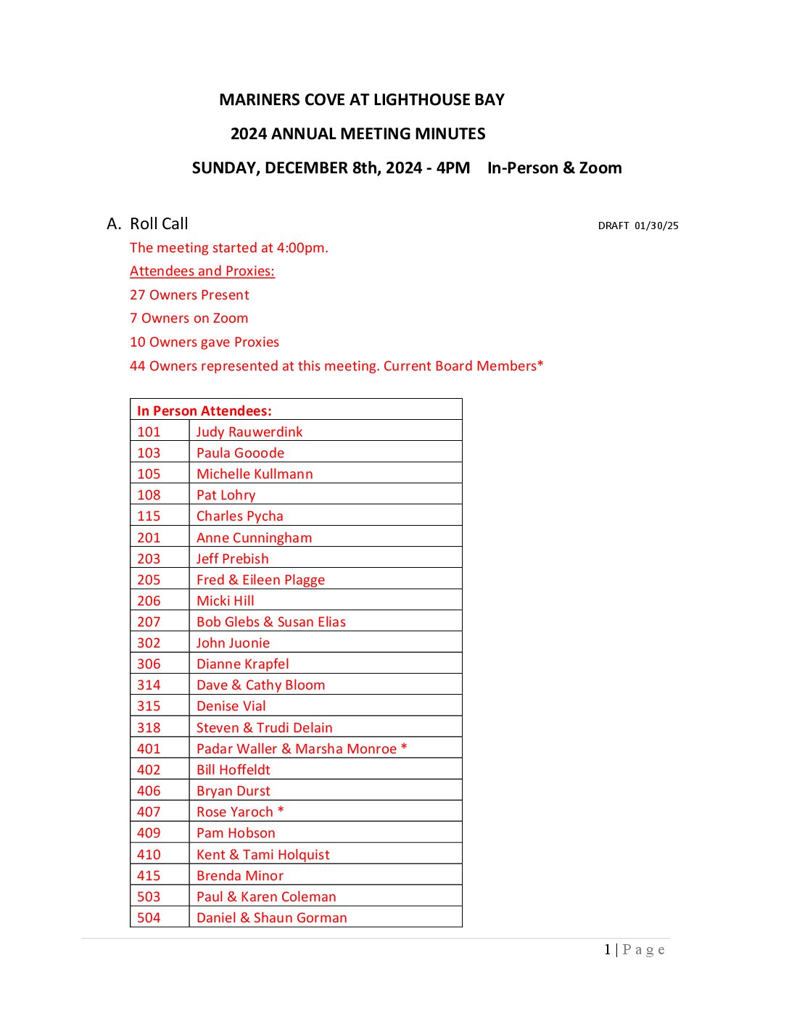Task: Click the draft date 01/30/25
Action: tap(656, 226)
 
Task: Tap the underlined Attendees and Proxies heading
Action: tap(202, 271)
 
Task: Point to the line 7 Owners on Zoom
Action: tap(189, 318)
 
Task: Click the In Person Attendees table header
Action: tap(205, 411)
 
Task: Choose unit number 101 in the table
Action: tap(149, 432)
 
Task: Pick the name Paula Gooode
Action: tap(240, 453)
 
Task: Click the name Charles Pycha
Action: tap(239, 516)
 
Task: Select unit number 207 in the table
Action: tap(149, 622)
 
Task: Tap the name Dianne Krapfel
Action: tap(242, 664)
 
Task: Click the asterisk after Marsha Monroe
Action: tap(404, 748)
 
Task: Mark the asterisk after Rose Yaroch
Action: tap(281, 811)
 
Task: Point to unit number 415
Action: tap(149, 876)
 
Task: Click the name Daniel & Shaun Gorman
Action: tap(271, 918)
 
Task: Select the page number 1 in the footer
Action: tap(607, 950)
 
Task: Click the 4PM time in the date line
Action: tap(453, 168)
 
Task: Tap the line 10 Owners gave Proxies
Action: tap(204, 342)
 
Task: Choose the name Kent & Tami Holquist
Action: tap(263, 855)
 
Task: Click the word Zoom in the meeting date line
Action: tap(600, 168)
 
